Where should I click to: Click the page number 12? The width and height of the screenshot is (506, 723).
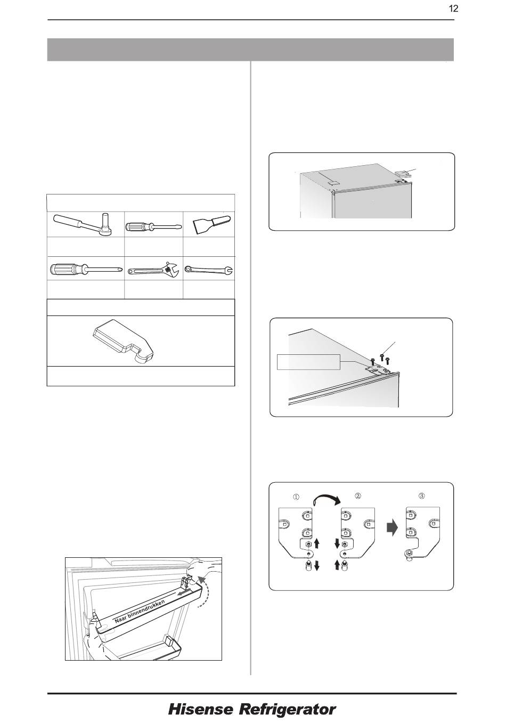click(x=453, y=9)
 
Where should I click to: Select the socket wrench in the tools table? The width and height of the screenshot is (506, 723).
click(x=83, y=224)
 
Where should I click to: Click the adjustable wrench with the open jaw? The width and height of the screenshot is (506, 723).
click(x=153, y=269)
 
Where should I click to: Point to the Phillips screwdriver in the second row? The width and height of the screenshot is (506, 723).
click(x=86, y=269)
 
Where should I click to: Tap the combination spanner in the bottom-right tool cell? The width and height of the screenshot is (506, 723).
click(x=209, y=269)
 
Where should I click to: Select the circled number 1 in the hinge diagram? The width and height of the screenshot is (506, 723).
click(x=296, y=497)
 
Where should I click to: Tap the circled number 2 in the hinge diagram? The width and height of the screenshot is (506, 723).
click(x=357, y=496)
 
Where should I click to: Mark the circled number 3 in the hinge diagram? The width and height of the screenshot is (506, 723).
click(x=422, y=496)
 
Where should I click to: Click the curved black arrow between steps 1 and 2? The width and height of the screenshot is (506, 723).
click(x=327, y=499)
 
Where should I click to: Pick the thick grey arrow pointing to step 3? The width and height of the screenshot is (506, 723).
click(x=393, y=528)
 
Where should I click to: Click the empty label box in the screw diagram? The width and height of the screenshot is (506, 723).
click(x=308, y=362)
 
